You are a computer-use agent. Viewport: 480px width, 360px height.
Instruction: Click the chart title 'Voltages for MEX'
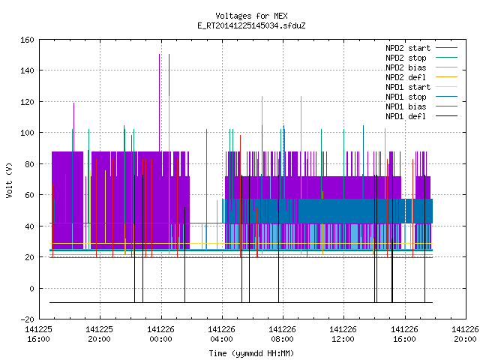point(251,16)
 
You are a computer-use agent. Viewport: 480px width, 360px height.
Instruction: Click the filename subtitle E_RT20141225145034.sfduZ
point(251,25)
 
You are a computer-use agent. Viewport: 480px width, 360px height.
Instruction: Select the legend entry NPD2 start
point(408,48)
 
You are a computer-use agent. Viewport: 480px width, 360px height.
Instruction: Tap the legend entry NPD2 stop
point(406,58)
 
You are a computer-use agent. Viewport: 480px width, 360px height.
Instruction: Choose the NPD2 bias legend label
point(406,67)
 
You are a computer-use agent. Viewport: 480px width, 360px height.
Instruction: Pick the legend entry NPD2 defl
point(406,77)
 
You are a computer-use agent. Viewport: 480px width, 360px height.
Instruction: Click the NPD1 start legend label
point(408,87)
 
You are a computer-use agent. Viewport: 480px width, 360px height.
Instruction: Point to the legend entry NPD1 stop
point(406,97)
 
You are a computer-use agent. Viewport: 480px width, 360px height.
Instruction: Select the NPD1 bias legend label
point(406,106)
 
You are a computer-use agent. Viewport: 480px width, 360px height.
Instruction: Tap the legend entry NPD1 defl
point(406,117)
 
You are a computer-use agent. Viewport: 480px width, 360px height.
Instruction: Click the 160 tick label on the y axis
point(27,40)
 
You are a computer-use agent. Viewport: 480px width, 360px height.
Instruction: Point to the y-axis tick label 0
point(31,289)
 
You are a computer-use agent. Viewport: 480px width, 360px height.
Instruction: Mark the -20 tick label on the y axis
point(27,319)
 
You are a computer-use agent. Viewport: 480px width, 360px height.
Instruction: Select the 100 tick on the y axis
point(27,133)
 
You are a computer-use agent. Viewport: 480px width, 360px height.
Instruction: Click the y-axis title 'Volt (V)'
point(9,180)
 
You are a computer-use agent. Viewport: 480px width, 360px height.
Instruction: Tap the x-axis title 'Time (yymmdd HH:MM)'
point(251,353)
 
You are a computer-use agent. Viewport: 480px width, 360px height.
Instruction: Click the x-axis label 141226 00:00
point(160,334)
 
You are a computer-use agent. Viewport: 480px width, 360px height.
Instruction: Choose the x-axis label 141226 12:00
point(343,334)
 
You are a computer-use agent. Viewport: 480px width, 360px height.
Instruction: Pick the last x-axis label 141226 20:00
point(465,334)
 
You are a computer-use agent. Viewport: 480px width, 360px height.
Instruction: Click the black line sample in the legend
point(447,116)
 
